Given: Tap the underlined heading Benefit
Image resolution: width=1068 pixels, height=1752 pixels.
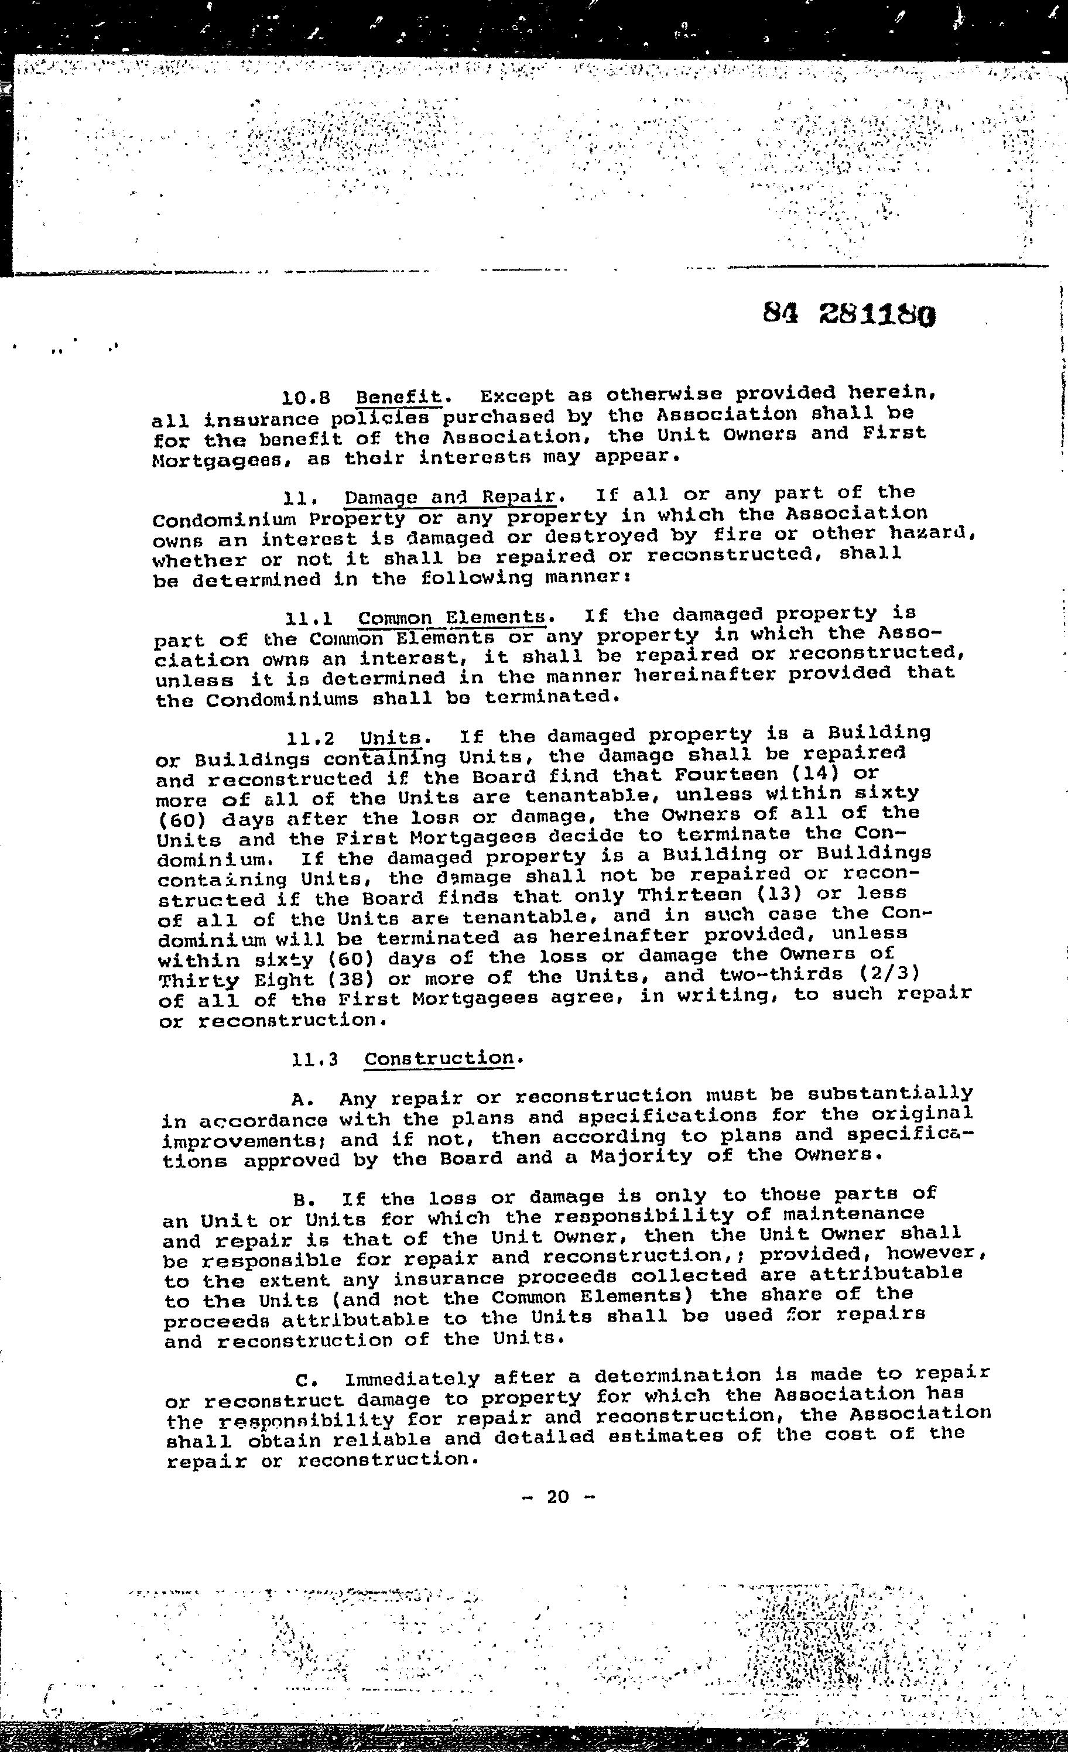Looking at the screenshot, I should tap(399, 395).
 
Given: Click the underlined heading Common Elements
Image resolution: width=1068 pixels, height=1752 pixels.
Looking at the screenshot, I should tap(452, 617).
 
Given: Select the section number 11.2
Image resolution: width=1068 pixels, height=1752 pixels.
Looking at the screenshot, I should tap(311, 739).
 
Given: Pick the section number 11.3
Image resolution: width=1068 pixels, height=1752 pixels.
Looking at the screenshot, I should tap(314, 1060).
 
